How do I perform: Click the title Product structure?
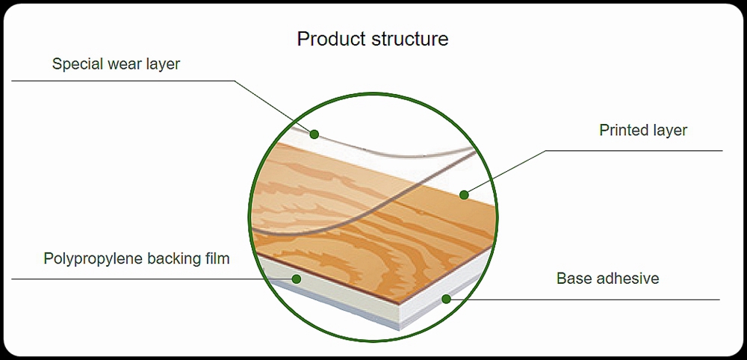(x=373, y=39)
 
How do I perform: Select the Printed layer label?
(x=643, y=131)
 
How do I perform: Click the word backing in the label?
(x=176, y=259)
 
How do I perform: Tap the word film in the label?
(x=219, y=258)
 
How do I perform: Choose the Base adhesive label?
(x=608, y=278)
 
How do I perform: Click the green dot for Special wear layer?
(x=314, y=134)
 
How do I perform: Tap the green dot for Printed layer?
(x=464, y=194)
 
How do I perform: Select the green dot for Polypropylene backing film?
(x=297, y=279)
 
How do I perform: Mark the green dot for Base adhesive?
(x=446, y=299)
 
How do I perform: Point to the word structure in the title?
(x=409, y=40)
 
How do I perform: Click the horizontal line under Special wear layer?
(x=123, y=81)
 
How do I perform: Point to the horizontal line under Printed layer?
(x=634, y=151)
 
